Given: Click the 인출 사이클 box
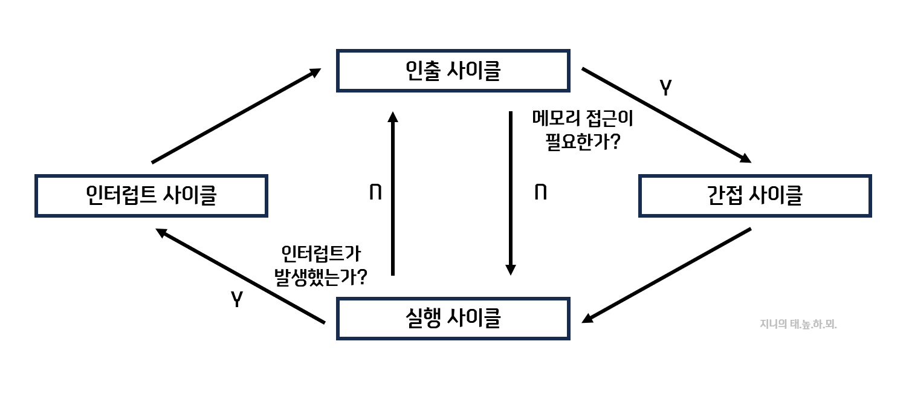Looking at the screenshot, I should click(453, 71).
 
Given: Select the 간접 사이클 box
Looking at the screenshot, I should click(754, 195).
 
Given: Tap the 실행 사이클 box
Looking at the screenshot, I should click(453, 318).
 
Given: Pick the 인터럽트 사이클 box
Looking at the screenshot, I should click(151, 195).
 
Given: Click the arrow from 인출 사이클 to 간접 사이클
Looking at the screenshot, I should click(665, 114).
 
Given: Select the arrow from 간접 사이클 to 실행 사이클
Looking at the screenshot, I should click(668, 274).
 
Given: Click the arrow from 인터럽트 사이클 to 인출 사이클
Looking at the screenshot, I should click(236, 115).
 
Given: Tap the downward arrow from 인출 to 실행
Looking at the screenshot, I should click(511, 193).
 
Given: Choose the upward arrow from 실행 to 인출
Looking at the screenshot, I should click(393, 193).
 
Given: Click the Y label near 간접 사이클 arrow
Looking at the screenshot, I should click(665, 89).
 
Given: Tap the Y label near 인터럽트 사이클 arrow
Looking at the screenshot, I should click(237, 299).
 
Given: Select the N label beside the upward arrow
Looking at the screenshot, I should click(375, 193).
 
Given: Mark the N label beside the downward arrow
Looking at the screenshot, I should click(541, 193).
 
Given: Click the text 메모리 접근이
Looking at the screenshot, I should click(582, 118).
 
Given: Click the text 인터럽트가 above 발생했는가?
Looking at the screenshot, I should click(321, 253).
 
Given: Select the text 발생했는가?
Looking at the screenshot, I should click(321, 278).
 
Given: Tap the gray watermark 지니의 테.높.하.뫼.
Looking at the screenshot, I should click(798, 324).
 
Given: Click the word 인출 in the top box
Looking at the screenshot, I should click(422, 71).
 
